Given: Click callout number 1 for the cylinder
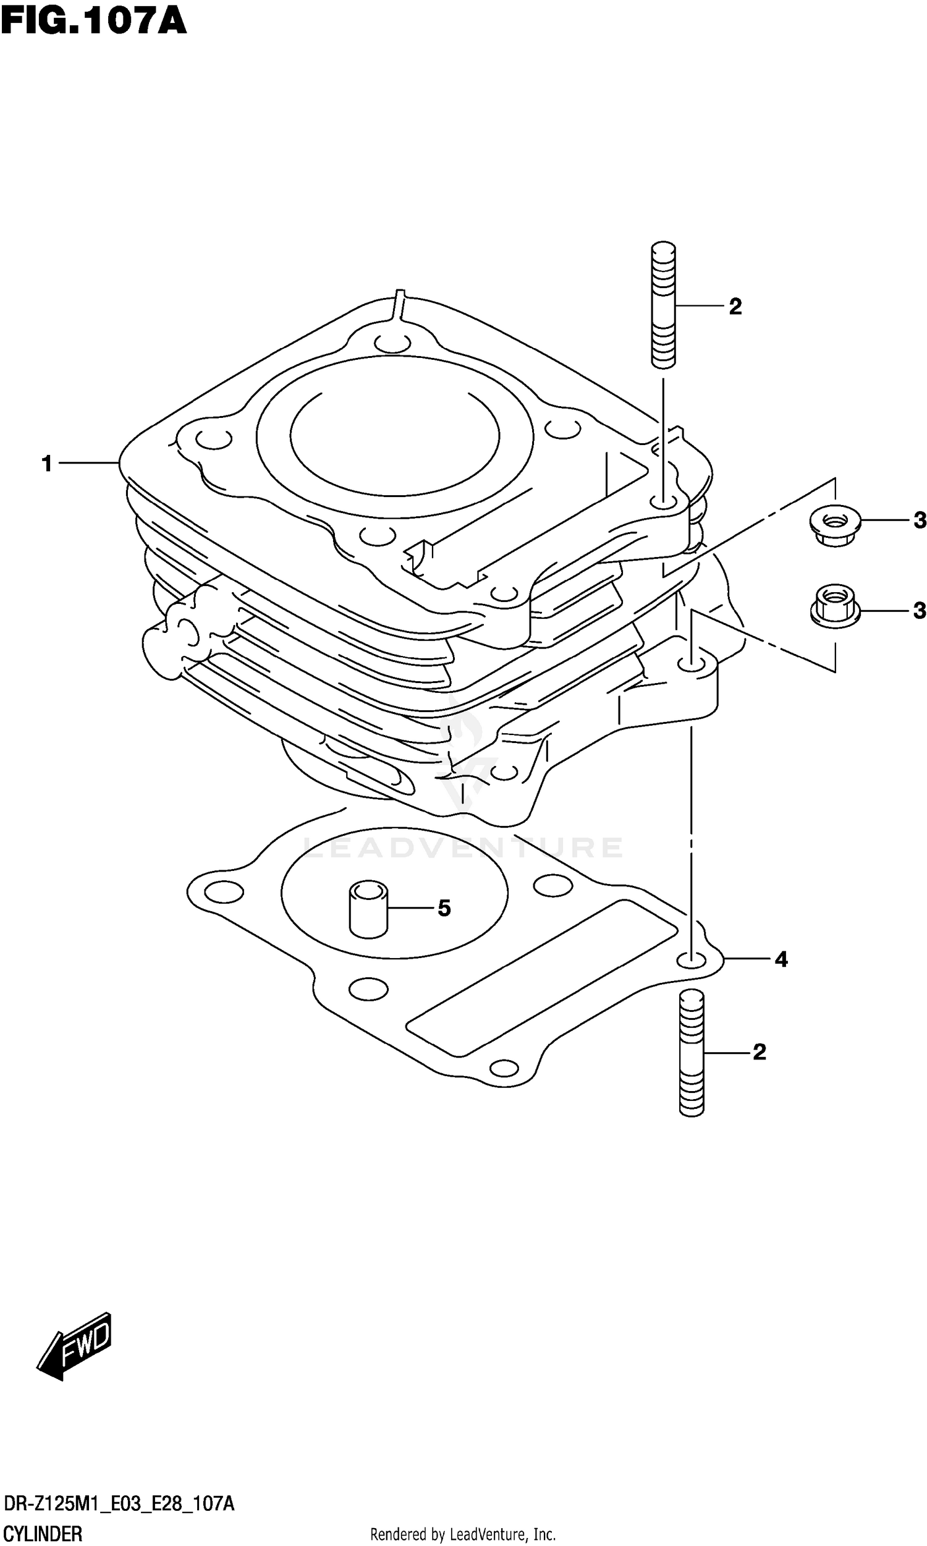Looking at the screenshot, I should point(47,464).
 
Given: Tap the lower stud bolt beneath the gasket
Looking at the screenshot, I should point(691,1053).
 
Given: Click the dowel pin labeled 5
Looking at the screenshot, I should point(368,908).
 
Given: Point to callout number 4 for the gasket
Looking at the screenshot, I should point(781,959).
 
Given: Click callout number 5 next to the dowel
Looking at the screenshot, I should point(444,907).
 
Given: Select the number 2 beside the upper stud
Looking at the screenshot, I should point(735,307).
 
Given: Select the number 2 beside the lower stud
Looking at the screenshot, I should point(759,1052).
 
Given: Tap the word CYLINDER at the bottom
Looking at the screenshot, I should point(43,1529).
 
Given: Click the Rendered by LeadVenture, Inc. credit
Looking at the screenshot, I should point(463,1530).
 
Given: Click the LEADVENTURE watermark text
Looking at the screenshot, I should point(462,847).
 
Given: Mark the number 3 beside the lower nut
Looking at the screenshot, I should point(919,610).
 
